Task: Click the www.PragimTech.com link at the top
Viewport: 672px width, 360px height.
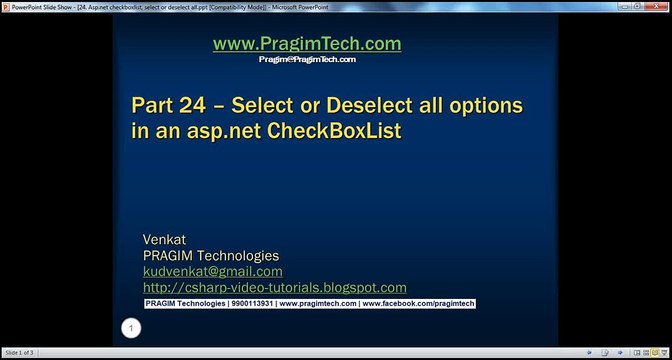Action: [307, 44]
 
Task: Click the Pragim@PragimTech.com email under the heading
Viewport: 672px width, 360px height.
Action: [307, 60]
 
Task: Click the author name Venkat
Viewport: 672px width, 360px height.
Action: [166, 240]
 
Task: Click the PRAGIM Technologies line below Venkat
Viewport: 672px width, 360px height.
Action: [211, 256]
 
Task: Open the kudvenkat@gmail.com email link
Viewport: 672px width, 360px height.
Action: [213, 271]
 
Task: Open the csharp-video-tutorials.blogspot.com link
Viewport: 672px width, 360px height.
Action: [275, 287]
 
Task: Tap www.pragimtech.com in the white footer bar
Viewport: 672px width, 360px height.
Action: [317, 303]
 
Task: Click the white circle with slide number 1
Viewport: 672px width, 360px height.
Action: [131, 328]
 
